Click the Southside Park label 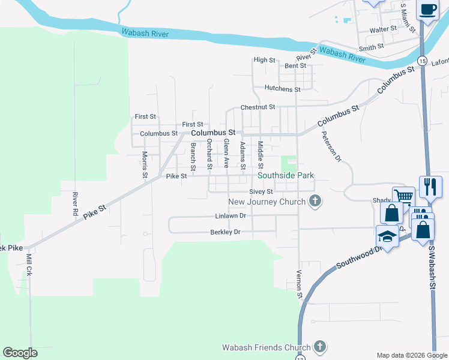[286, 176]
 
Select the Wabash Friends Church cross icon [320, 347]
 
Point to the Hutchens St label [283, 89]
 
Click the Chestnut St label [258, 107]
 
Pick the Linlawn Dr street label [231, 216]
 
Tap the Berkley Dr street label [225, 232]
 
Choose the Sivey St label [261, 191]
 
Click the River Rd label [76, 203]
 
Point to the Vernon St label [299, 284]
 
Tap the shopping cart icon [403, 196]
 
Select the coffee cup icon [427, 10]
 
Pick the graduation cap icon [387, 236]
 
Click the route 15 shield [423, 62]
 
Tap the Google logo [20, 353]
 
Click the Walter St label [384, 29]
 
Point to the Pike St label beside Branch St [176, 176]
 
